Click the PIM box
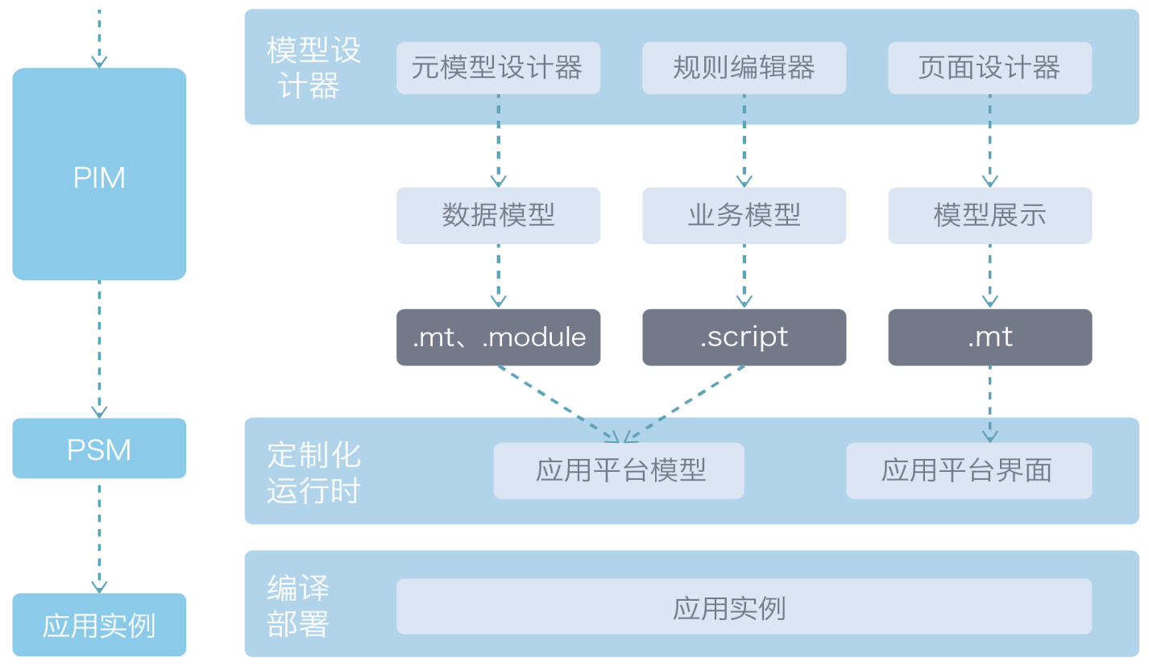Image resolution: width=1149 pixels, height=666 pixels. pyautogui.click(x=99, y=175)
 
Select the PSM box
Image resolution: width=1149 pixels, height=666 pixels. pyautogui.click(x=99, y=449)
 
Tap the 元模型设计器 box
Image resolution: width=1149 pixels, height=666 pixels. pyautogui.click(x=498, y=68)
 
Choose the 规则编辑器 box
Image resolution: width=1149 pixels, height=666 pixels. pyautogui.click(x=744, y=68)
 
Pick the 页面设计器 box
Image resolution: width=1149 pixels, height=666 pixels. pyautogui.click(x=989, y=68)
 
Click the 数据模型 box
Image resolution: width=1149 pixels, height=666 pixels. pyautogui.click(x=498, y=215)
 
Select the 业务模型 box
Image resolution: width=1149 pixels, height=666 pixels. pyautogui.click(x=744, y=215)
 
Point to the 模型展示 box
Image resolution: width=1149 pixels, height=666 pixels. pyautogui.click(x=989, y=215)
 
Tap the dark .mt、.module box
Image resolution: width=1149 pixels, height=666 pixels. pyautogui.click(x=498, y=337)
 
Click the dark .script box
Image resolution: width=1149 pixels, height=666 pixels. pyautogui.click(x=744, y=337)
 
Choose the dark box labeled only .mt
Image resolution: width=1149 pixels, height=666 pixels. pyautogui.click(x=989, y=337)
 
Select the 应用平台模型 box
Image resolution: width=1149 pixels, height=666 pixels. pyautogui.click(x=619, y=470)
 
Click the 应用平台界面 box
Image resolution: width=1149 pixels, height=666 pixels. pyautogui.click(x=969, y=470)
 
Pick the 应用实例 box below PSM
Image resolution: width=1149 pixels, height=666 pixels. pyautogui.click(x=99, y=625)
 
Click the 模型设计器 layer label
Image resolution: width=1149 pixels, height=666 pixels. pyautogui.click(x=313, y=68)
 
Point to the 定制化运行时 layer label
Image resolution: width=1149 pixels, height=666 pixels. pyautogui.click(x=313, y=472)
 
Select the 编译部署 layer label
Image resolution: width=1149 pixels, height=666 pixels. pyautogui.click(x=298, y=606)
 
